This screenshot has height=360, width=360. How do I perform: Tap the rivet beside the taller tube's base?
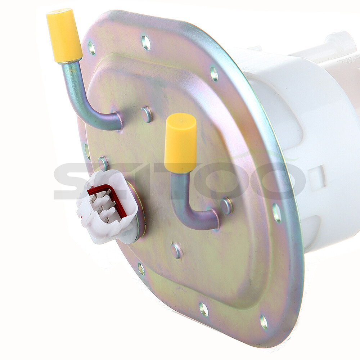point(146,114)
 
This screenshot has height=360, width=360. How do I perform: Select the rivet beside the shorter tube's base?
point(226,206)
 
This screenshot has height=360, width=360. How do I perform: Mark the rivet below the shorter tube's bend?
point(176,251)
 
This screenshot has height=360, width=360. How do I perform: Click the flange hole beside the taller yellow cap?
point(91,48)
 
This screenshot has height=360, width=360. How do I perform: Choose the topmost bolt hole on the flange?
point(146,42)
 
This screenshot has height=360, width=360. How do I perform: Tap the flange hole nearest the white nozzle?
point(214,74)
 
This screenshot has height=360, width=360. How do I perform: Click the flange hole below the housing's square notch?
point(277,213)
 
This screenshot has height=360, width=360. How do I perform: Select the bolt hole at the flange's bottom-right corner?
point(264,322)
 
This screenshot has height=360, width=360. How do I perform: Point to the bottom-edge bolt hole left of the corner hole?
point(204,309)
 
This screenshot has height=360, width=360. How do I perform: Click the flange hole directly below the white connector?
point(141,269)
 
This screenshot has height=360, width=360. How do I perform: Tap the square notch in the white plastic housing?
point(317,176)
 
